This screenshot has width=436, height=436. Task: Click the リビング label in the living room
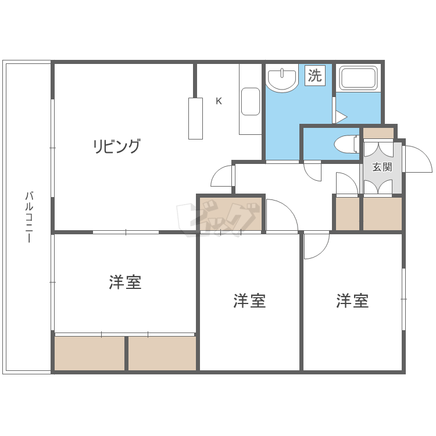116,146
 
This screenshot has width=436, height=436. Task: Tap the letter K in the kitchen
219,101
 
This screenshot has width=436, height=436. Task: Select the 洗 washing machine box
315,76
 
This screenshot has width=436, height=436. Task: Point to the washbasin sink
282,78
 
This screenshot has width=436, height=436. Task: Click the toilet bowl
346,144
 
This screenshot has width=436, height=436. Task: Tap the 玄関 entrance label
382,167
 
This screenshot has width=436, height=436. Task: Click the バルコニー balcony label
29,217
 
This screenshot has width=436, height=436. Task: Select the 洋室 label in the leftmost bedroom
125,282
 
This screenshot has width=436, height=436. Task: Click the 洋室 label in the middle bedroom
249,301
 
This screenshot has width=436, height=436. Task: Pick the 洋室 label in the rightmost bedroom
352,301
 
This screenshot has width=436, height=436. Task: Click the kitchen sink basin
251,102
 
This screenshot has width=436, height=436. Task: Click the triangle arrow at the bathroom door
341,117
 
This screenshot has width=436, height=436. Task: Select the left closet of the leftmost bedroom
90,353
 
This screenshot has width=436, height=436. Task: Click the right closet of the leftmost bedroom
162,353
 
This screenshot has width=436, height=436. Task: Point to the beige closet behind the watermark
231,214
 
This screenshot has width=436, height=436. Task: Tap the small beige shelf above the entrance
378,133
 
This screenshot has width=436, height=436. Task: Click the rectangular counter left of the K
195,119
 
